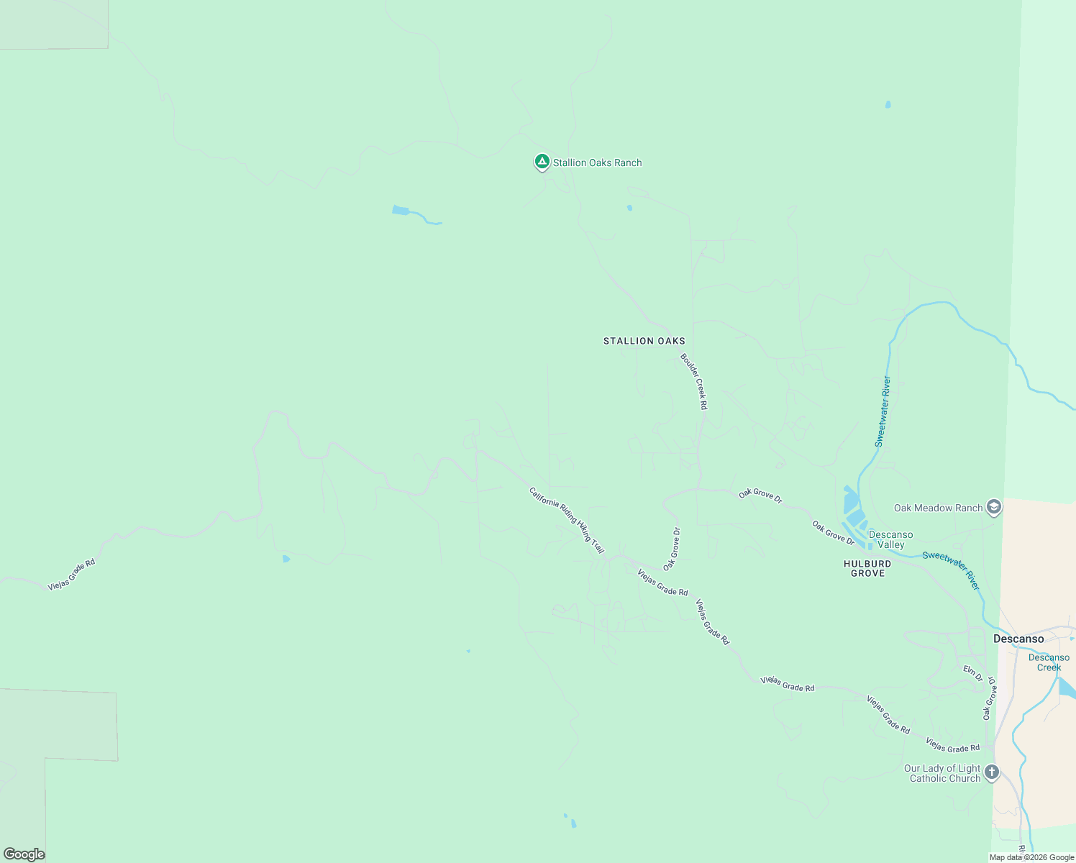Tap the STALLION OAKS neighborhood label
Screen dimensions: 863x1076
click(644, 341)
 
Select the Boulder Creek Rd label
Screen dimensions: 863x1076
click(694, 381)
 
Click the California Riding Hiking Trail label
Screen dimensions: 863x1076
click(567, 520)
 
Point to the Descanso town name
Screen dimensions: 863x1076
click(1018, 639)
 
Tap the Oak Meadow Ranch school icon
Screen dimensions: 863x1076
click(994, 508)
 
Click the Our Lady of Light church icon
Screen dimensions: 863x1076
click(992, 773)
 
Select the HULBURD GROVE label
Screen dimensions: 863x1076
click(867, 568)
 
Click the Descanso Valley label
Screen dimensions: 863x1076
click(890, 539)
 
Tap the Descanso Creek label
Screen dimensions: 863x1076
click(1049, 662)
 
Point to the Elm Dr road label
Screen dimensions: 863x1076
click(973, 673)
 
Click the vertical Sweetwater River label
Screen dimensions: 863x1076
click(883, 411)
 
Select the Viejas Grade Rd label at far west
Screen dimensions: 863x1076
click(71, 575)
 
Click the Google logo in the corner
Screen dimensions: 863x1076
click(24, 854)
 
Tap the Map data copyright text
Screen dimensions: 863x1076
click(1031, 857)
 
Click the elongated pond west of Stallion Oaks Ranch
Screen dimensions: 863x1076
click(401, 210)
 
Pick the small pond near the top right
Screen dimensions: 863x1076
click(888, 104)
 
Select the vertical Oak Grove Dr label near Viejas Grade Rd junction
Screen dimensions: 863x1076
click(672, 549)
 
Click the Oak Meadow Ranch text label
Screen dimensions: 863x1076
click(938, 508)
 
